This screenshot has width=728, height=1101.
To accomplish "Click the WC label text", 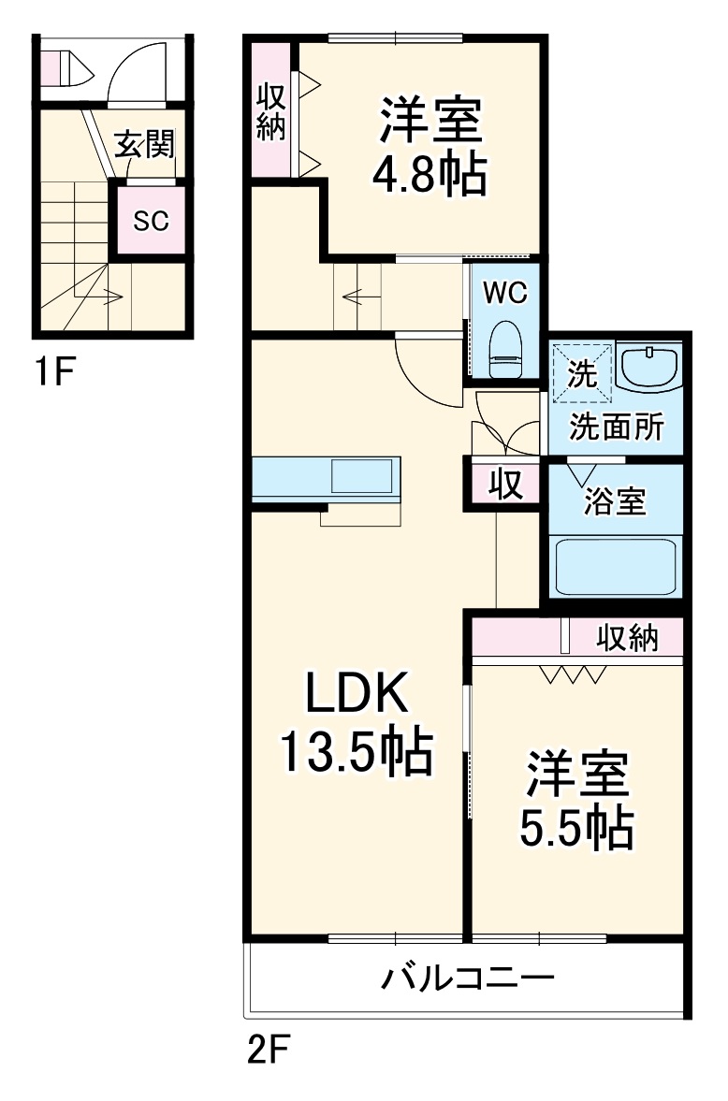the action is click(505, 293).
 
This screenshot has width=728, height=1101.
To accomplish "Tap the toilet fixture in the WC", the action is click(506, 349).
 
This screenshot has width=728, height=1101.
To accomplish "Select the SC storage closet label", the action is click(151, 221).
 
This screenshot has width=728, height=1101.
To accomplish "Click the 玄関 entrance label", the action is click(145, 145).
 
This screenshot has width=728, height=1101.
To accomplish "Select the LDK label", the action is click(357, 693).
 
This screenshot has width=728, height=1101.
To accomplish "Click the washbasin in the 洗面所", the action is click(648, 368).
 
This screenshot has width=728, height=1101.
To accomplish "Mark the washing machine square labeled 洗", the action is click(581, 373).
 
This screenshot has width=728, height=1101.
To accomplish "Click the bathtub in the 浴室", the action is click(615, 565).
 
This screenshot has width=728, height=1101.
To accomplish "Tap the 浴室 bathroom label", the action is click(615, 501).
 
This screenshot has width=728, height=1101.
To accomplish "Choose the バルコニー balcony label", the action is click(467, 977).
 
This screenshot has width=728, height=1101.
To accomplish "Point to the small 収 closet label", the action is click(506, 484).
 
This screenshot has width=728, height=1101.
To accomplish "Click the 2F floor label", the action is click(267, 1050).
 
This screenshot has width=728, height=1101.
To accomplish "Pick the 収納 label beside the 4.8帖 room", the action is click(270, 111).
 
